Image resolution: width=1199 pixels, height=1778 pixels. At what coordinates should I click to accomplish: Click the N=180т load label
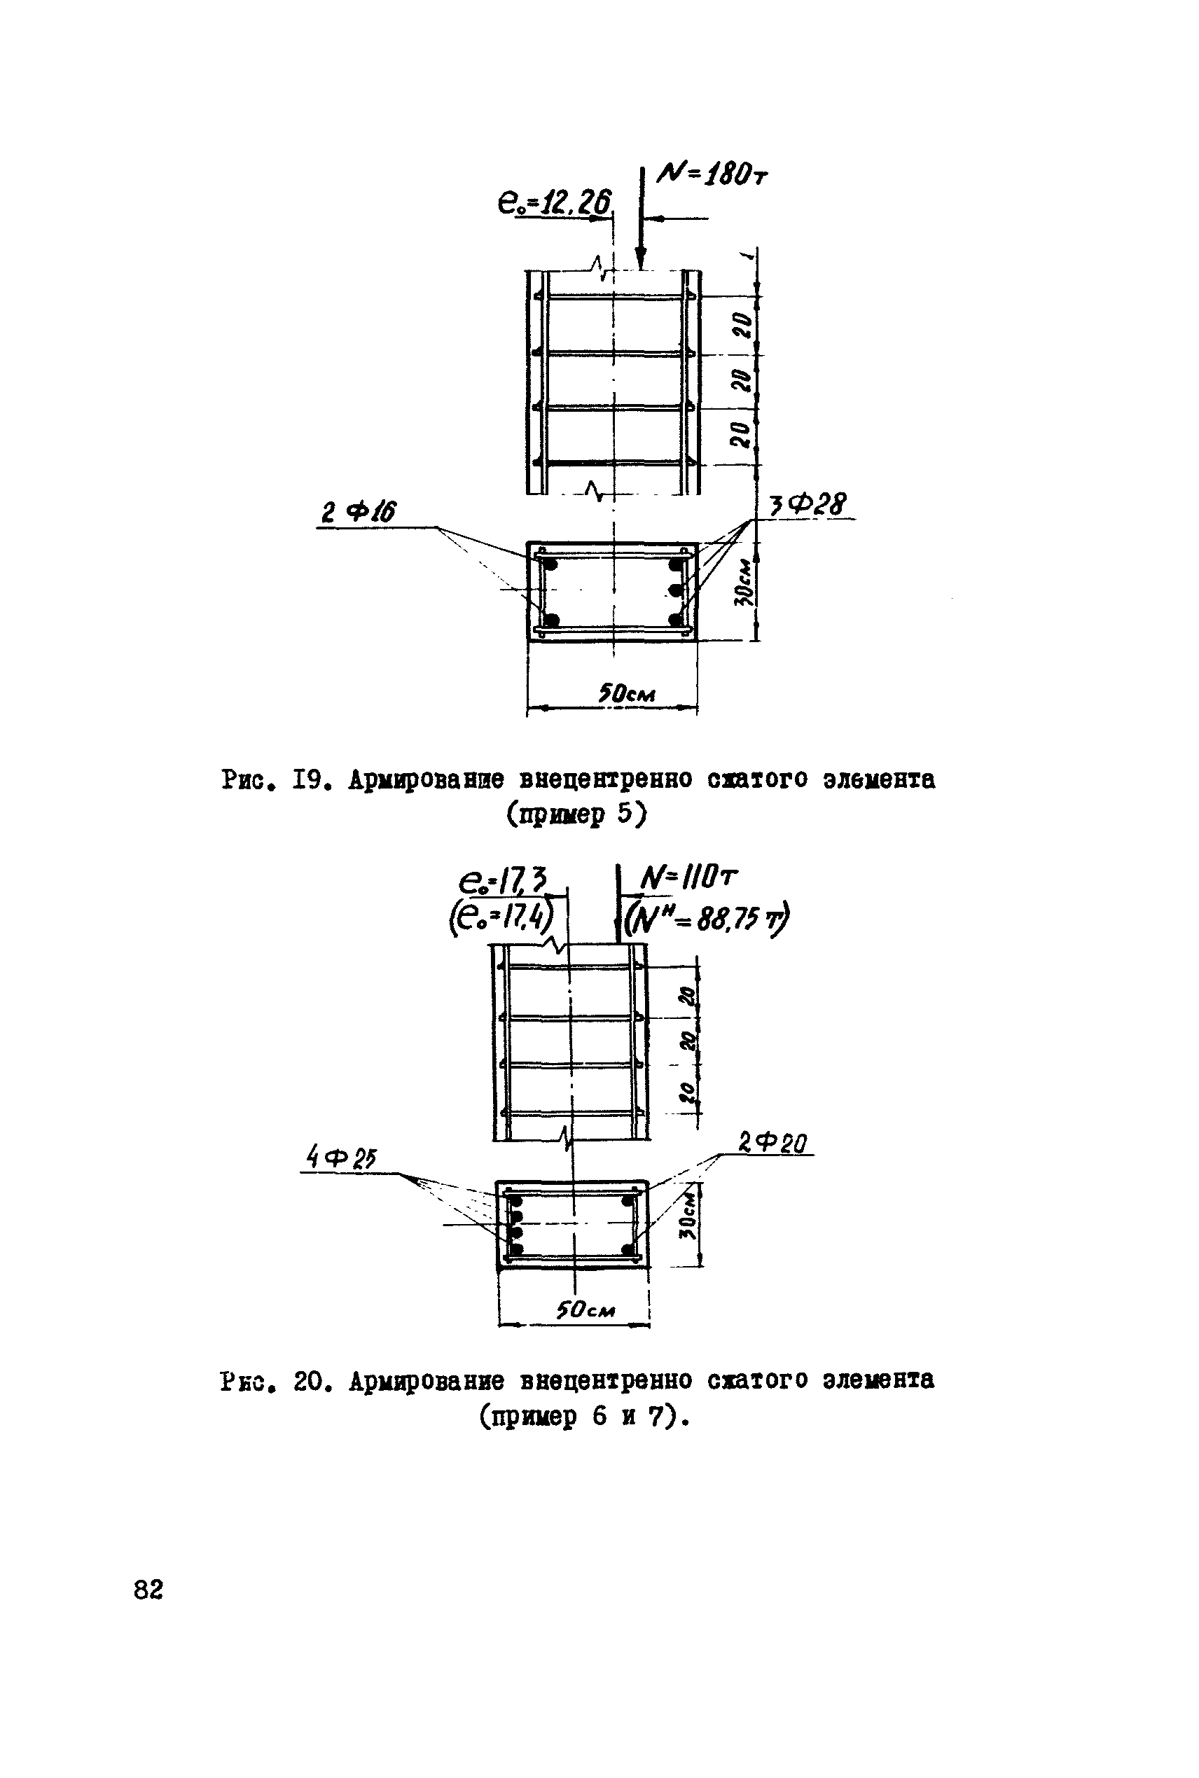712,176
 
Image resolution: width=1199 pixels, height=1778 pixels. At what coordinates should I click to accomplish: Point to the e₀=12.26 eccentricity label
555,202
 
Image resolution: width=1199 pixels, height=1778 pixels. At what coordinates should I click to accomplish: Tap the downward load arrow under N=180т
640,229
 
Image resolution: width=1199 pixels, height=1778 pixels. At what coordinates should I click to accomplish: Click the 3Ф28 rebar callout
808,504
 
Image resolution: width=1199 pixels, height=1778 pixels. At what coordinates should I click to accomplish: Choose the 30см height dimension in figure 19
743,581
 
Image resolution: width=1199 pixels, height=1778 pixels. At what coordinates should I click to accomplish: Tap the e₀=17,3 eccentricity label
503,882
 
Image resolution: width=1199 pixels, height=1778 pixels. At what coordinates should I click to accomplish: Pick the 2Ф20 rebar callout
772,1143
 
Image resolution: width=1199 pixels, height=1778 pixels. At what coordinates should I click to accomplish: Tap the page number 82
148,1590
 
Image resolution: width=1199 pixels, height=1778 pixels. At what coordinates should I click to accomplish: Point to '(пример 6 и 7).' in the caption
585,1417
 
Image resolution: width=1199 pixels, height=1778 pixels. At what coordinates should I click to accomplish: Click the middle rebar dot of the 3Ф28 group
674,590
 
